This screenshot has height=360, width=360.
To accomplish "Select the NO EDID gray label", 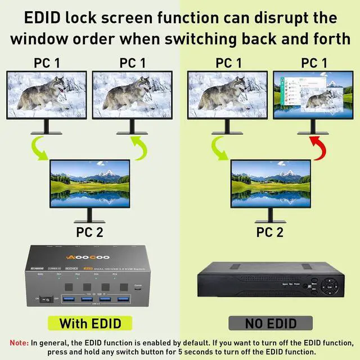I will [x=270, y=323].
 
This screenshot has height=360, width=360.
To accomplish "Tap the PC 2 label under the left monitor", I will [x=90, y=232].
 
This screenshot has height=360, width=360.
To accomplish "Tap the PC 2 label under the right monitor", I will [x=270, y=232].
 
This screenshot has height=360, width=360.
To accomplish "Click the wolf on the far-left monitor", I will [x=42, y=96].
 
